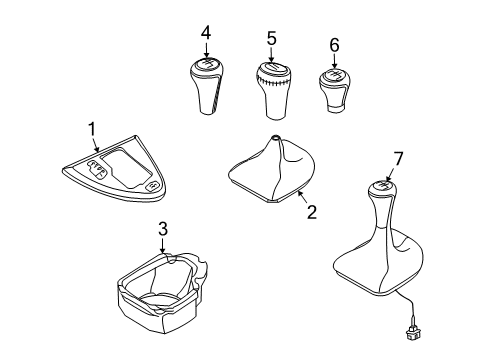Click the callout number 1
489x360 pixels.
[x=92, y=129]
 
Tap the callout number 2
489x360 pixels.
[x=312, y=212]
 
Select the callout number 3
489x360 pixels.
[x=163, y=229]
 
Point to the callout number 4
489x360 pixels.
[x=206, y=33]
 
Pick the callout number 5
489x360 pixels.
[x=272, y=38]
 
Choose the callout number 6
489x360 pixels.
[x=334, y=45]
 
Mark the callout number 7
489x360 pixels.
[x=398, y=158]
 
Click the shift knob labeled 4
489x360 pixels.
[x=207, y=86]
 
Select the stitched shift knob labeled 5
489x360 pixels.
[x=273, y=90]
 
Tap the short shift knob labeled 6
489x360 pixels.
[x=334, y=90]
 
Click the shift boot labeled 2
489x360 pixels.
[x=272, y=169]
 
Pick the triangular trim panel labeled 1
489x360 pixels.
[x=114, y=168]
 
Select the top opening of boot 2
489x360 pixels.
[x=275, y=137]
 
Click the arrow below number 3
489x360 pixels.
[x=163, y=245]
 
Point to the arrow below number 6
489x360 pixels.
[x=334, y=61]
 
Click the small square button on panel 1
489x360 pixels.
[x=152, y=185]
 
